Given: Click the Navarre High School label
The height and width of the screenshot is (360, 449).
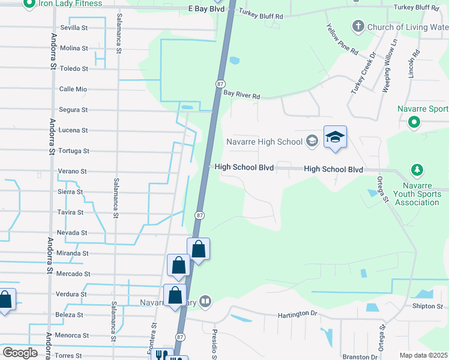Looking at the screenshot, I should click(264, 142).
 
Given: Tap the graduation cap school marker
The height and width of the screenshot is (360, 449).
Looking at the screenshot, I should click(335, 137).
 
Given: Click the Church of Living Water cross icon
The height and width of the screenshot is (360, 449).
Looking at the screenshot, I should click(358, 26).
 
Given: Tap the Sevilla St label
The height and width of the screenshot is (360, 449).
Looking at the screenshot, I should click(74, 28).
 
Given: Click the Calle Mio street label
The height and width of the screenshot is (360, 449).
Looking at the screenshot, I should click(73, 89).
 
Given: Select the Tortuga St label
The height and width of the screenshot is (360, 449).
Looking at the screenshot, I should click(73, 151).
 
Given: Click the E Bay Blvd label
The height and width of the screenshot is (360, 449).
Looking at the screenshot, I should click(206, 9).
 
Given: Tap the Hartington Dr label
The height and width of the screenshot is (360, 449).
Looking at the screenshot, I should click(297, 314).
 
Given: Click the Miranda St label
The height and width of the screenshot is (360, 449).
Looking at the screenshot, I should click(73, 253).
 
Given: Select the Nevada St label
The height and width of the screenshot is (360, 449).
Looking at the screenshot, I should click(73, 233).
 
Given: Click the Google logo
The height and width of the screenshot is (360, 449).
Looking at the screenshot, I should click(20, 353).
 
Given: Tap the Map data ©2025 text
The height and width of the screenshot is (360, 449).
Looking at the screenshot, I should click(423, 355).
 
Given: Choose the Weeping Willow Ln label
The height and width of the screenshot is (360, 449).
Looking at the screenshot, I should click(390, 67).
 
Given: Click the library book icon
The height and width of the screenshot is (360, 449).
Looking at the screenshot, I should click(205, 301).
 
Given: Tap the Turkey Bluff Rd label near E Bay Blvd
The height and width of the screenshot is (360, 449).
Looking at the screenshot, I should click(261, 13).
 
